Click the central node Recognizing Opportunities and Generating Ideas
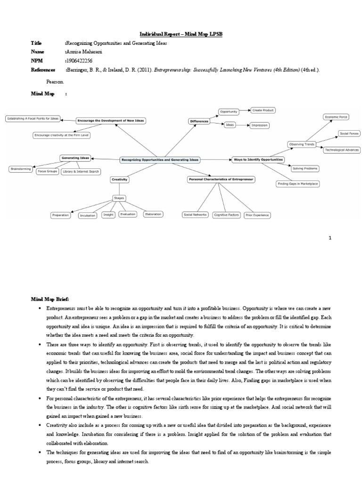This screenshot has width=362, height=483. tap(160, 160)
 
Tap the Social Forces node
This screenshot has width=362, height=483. tap(349, 134)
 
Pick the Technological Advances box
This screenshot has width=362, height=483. tap(341, 150)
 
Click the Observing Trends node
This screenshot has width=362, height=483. tap(302, 144)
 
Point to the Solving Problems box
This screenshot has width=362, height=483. tap(305, 168)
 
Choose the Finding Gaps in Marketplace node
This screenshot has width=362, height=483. tap(297, 183)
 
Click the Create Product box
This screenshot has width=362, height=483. tap(263, 110)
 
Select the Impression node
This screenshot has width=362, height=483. tap(260, 125)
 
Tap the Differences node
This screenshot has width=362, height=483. tap(199, 121)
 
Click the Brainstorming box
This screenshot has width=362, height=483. tap(20, 168)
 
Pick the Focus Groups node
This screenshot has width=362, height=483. tap(48, 171)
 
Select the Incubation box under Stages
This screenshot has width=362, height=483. tap(88, 215)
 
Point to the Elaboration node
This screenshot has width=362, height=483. tap(153, 214)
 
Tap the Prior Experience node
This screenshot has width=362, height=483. tap(257, 215)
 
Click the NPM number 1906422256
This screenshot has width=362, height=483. tap(80, 61)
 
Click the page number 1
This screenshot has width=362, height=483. tap(330, 238)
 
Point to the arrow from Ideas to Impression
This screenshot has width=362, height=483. tap(242, 125)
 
